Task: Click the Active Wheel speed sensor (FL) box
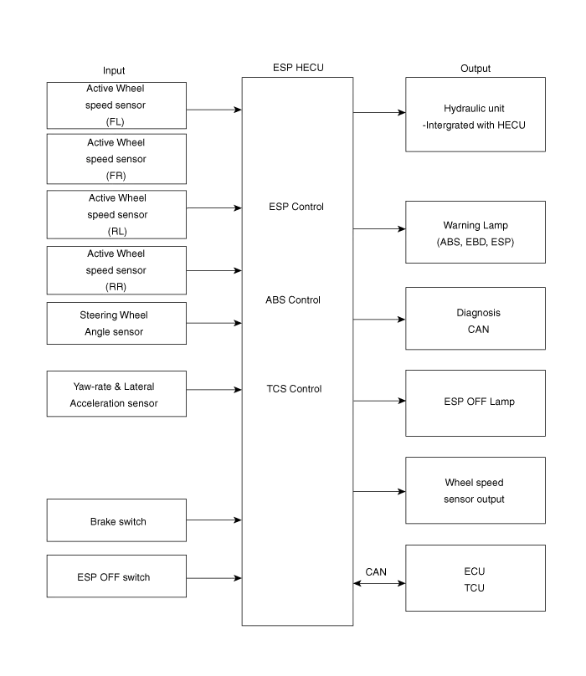point(116,105)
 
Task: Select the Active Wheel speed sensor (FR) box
point(116,159)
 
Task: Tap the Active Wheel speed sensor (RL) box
point(116,214)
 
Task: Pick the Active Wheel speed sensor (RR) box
point(116,269)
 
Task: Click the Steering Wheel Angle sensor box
point(115,324)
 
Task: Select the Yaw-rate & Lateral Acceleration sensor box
point(115,395)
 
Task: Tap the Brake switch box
point(116,520)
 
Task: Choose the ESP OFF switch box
point(116,576)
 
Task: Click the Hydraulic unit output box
point(475,115)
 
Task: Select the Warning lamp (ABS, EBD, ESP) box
point(475,233)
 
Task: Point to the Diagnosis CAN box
point(475,320)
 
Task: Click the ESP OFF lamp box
point(475,402)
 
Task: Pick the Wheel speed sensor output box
point(475,491)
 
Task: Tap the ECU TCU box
point(475,579)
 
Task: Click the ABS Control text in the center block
point(293,300)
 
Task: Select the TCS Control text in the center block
point(293,389)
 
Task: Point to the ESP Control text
point(295,206)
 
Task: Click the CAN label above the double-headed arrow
point(376,571)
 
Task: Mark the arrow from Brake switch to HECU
point(214,520)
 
